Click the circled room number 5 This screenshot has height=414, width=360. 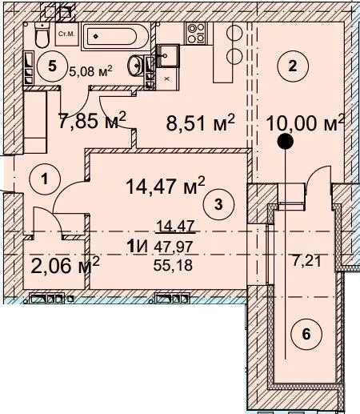click(x=53, y=66)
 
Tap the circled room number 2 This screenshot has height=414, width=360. click(x=293, y=66)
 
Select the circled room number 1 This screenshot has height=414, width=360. click(x=45, y=179)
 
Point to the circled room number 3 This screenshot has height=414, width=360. click(x=218, y=205)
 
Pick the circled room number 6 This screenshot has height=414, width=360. click(x=306, y=334)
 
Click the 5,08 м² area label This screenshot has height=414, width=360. click(x=90, y=71)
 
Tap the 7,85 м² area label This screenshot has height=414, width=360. click(x=92, y=121)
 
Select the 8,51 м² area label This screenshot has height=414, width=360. click(x=200, y=123)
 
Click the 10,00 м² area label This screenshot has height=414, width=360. click(x=306, y=123)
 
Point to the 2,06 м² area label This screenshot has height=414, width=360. click(x=65, y=265)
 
